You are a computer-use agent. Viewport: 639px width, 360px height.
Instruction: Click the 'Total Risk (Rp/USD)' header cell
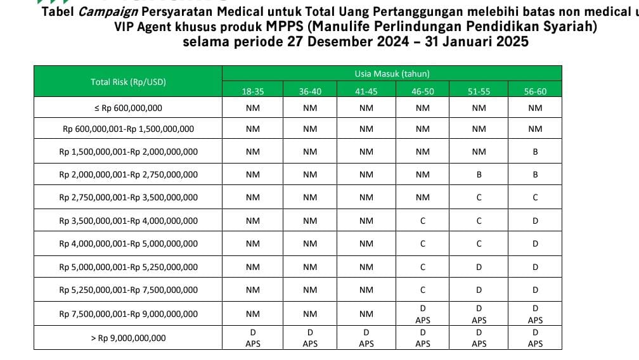pyautogui.click(x=128, y=82)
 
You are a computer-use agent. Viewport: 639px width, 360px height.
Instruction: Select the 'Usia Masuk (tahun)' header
pyautogui.click(x=392, y=74)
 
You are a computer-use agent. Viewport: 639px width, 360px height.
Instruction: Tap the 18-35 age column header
pyautogui.click(x=253, y=91)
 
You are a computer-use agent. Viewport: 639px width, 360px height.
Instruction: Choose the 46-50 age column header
pyautogui.click(x=423, y=91)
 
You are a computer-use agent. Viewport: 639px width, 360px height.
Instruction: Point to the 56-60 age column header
pyautogui.click(x=535, y=91)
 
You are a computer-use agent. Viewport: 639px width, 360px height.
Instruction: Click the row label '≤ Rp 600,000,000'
pyautogui.click(x=128, y=108)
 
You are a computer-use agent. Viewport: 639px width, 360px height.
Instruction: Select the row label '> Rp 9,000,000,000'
pyautogui.click(x=128, y=338)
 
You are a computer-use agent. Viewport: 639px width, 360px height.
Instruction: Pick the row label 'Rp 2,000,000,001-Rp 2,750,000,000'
pyautogui.click(x=128, y=174)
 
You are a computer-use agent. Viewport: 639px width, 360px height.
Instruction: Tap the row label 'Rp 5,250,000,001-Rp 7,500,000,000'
pyautogui.click(x=128, y=290)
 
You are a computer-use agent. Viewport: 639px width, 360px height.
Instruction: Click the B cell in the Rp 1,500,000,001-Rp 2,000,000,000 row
pyautogui.click(x=535, y=151)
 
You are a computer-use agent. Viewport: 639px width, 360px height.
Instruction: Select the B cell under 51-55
pyautogui.click(x=479, y=174)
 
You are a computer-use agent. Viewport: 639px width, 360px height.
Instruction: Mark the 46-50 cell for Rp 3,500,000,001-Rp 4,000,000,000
pyautogui.click(x=423, y=221)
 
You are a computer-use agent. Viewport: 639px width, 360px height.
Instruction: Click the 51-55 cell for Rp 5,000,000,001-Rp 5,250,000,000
pyautogui.click(x=479, y=267)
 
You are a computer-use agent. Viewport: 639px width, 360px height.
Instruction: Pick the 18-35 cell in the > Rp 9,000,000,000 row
pyautogui.click(x=253, y=338)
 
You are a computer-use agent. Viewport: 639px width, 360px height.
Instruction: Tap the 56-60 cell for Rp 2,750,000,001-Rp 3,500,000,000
pyautogui.click(x=535, y=198)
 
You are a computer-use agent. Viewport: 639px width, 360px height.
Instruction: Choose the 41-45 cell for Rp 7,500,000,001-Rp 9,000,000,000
pyautogui.click(x=366, y=313)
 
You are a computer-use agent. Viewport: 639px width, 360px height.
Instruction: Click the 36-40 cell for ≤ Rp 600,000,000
pyautogui.click(x=310, y=108)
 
